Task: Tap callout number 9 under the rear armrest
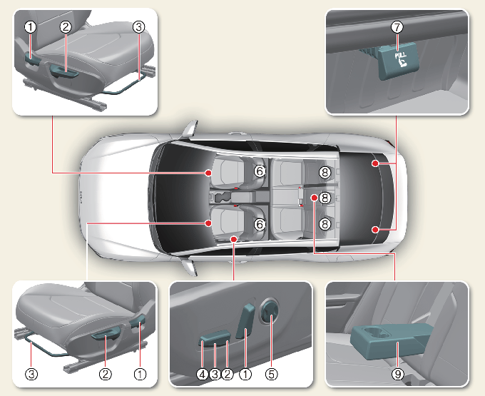398,372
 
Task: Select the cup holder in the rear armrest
375,332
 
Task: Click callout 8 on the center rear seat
325,198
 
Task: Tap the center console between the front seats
235,196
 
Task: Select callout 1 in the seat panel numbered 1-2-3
29,27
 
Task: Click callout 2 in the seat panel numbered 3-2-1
105,372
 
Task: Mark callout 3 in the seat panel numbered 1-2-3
138,27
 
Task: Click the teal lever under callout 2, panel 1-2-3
62,69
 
